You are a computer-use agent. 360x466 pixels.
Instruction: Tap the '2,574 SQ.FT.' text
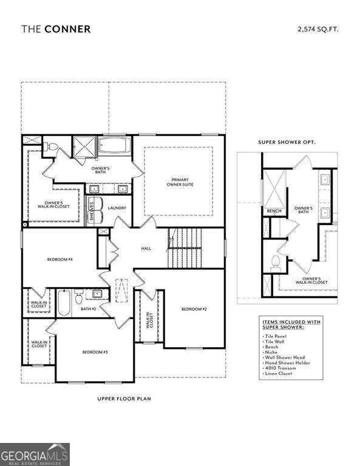click(x=318, y=28)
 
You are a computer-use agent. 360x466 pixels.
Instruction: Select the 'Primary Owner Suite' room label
click(x=179, y=183)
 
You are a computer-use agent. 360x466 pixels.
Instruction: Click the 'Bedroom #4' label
click(x=60, y=260)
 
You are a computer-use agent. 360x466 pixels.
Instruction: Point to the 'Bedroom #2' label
click(x=194, y=309)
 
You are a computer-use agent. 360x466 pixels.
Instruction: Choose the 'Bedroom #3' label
click(x=95, y=352)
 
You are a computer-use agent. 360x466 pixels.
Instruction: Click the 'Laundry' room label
click(x=117, y=208)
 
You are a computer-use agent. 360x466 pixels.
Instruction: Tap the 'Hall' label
click(x=146, y=248)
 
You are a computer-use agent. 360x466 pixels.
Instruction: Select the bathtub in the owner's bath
click(x=115, y=146)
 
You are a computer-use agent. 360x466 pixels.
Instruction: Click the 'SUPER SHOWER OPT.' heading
click(x=287, y=141)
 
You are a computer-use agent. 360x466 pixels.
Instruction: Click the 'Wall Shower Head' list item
click(x=285, y=357)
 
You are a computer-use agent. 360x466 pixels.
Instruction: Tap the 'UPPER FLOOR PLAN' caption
click(x=124, y=399)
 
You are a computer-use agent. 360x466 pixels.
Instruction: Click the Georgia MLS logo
click(x=35, y=454)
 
